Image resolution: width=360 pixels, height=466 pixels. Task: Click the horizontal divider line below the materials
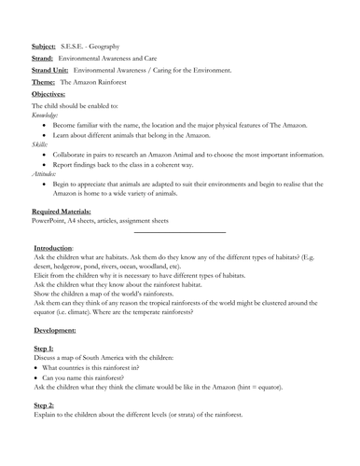coord(180,232)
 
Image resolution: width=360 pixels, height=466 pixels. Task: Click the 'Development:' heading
coord(55,330)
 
